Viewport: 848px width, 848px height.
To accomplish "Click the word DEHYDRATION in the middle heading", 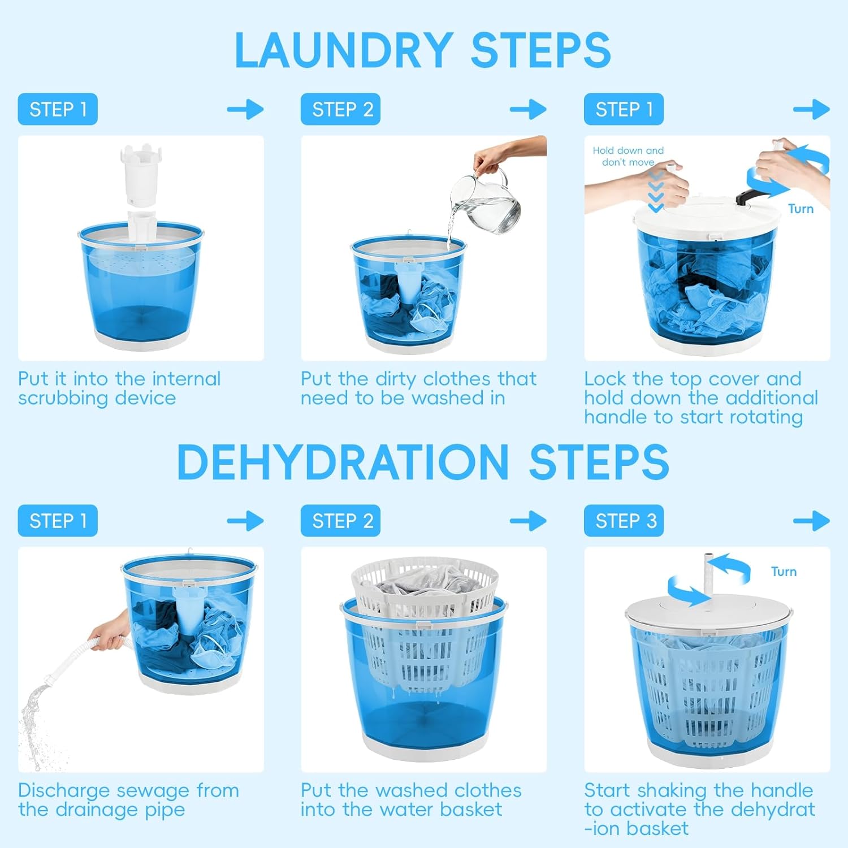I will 343,462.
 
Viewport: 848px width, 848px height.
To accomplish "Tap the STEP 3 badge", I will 624,521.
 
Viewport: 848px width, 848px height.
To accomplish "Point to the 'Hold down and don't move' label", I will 628,156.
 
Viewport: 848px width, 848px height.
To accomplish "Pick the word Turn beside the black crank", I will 801,209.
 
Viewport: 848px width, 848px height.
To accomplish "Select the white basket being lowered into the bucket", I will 424,622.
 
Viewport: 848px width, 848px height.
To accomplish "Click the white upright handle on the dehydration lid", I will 709,577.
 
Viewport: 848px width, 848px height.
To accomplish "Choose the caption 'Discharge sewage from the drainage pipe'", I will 128,799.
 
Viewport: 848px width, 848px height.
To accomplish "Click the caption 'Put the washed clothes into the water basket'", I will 411,799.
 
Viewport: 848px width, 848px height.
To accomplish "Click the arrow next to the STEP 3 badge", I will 811,521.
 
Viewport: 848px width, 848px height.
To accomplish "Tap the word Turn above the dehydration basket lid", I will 784,572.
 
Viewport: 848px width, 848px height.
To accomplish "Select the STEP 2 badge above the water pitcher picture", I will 340,109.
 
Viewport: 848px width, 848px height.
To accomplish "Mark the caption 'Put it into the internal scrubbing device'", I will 119,388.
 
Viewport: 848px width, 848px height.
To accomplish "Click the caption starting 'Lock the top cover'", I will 701,397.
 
